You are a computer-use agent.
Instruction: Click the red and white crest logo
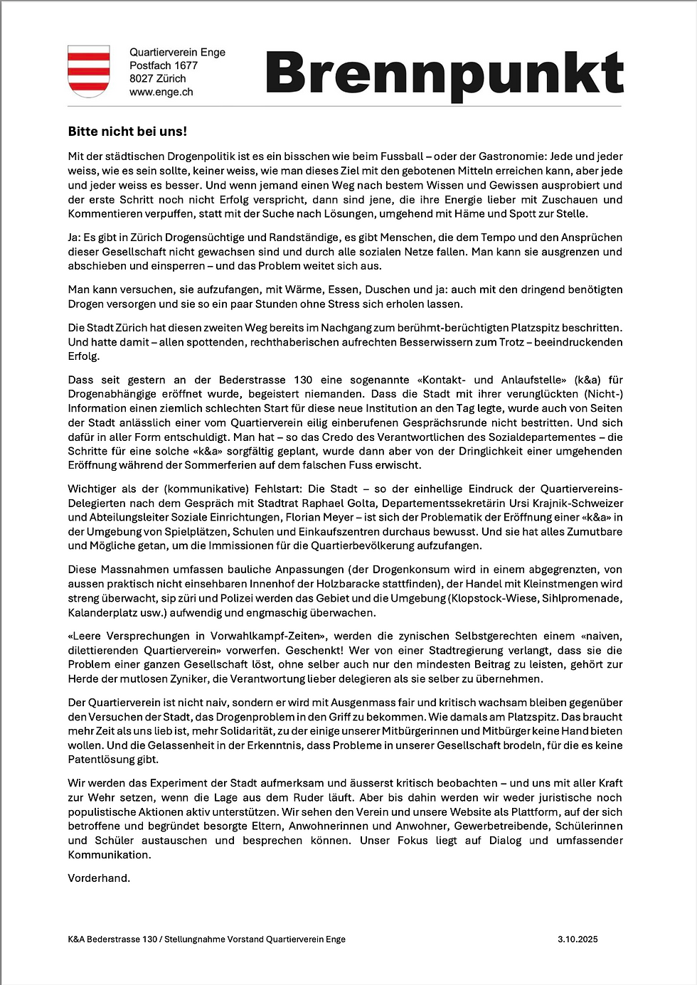[x=89, y=71]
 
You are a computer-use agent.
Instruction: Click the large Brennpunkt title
[x=445, y=73]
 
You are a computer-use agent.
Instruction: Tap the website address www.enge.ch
[x=161, y=92]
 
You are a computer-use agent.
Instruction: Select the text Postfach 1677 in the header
[x=164, y=65]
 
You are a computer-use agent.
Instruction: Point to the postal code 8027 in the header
[x=141, y=79]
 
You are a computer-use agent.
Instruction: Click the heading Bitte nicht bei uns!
[x=127, y=132]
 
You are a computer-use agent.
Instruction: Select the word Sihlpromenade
[x=582, y=599]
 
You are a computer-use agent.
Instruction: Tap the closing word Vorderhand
[x=99, y=878]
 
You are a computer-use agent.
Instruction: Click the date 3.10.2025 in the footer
[x=578, y=939]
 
